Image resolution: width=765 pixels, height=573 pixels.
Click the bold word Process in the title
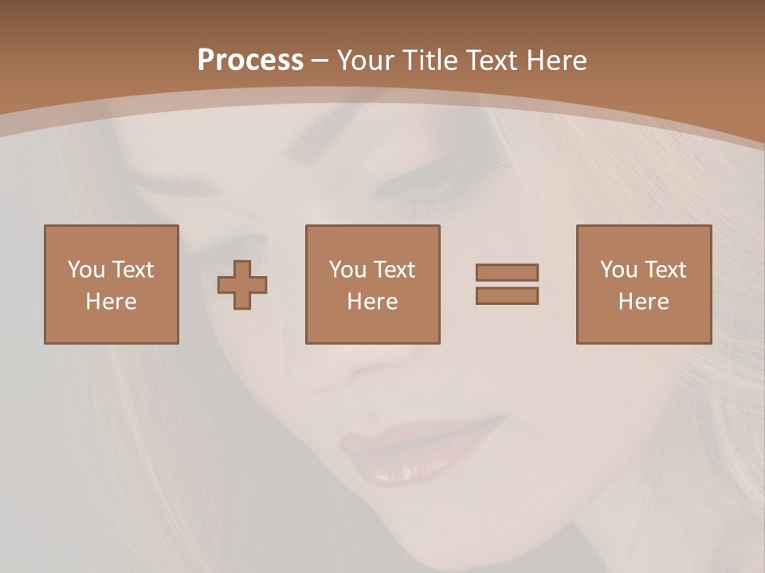coord(250,60)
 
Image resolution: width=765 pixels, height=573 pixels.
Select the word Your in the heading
coord(367,60)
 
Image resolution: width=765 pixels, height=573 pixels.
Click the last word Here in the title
coord(557,60)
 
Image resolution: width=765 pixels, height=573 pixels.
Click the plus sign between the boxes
coord(242,285)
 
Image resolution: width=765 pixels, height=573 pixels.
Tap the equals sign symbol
coord(507,284)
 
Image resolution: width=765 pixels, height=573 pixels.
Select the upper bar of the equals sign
coord(507,273)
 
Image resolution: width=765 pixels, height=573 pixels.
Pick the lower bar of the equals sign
coord(507,295)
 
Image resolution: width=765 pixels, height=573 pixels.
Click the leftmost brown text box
coord(111,284)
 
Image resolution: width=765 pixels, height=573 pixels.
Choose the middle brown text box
coord(372,284)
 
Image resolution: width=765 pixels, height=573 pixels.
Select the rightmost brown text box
coord(643,284)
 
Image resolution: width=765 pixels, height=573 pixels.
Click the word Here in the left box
coord(111,302)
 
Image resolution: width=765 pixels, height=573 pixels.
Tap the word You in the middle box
coord(347,270)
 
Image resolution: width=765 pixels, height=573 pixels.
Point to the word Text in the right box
coord(666,270)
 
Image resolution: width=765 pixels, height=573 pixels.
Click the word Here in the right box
coord(643,302)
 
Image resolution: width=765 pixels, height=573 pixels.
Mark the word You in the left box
coord(86,270)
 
